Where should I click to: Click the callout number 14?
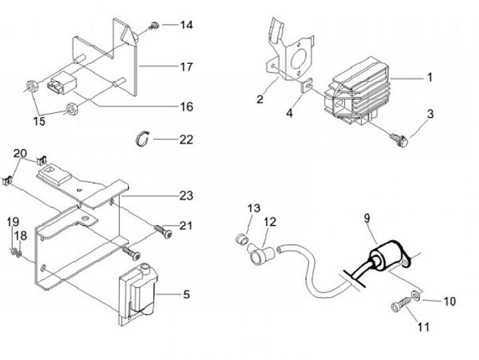pos(186,25)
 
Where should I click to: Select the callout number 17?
pos(186,67)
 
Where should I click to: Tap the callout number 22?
pos(186,140)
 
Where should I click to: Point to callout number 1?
pos(430,77)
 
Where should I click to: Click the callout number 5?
pos(186,293)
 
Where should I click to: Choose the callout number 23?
pos(186,196)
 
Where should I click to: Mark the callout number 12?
pos(269,222)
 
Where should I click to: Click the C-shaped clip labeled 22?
pos(140,138)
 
